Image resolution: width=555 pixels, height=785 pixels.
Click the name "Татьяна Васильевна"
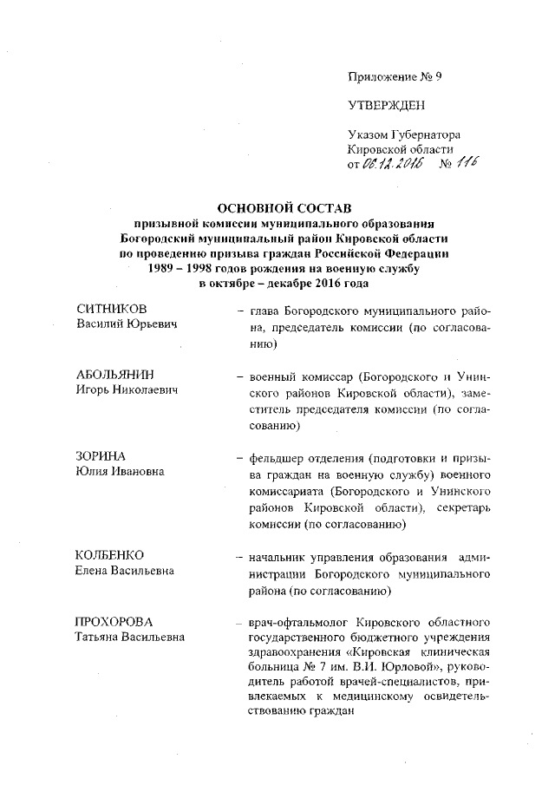[130, 638]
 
